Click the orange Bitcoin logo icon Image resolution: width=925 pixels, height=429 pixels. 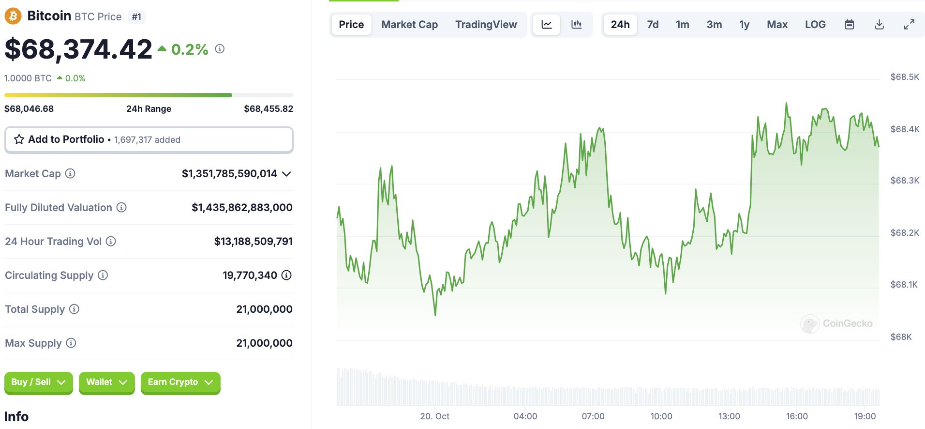click(x=13, y=16)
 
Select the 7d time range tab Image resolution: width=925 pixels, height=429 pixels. click(x=653, y=25)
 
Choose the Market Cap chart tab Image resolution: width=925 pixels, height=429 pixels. click(x=409, y=25)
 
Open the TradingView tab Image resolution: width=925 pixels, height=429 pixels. click(x=486, y=25)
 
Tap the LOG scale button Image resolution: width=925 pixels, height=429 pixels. click(x=815, y=25)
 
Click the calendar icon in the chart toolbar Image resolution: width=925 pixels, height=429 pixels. click(x=849, y=25)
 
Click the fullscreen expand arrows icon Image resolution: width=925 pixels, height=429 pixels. click(x=909, y=25)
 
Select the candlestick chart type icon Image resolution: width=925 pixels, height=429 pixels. click(x=576, y=25)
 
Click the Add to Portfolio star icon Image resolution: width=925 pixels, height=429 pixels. click(x=19, y=139)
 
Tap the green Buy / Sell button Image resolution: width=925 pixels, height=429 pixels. click(x=38, y=383)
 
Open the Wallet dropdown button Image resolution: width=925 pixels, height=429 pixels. click(x=106, y=383)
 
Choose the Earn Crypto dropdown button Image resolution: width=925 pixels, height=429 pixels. click(x=180, y=383)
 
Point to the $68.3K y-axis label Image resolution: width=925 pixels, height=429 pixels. click(x=905, y=181)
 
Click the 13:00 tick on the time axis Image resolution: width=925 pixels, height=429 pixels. click(x=729, y=416)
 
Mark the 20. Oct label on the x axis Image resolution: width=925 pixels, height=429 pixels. click(x=434, y=416)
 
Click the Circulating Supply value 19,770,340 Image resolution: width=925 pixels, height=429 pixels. click(x=250, y=276)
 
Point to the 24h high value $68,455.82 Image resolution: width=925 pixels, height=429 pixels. click(x=268, y=109)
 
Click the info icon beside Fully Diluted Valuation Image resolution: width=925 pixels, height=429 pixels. click(x=121, y=208)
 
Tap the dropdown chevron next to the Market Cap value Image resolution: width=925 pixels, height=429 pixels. click(x=286, y=174)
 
